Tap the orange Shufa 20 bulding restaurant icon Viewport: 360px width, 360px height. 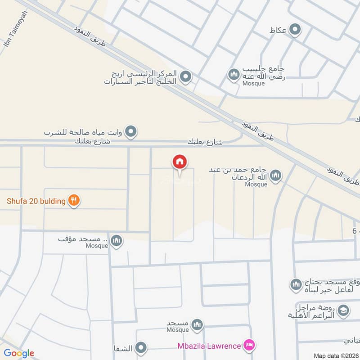point(74,201)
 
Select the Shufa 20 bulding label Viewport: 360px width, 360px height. point(36,201)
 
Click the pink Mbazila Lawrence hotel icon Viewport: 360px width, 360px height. point(247,346)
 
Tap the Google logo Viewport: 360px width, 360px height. point(19,353)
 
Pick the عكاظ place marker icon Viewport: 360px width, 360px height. point(295,30)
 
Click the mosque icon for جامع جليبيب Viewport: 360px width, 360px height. point(233,74)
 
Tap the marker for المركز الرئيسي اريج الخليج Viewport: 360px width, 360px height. point(185,76)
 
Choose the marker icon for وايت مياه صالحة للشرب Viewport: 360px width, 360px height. point(131,132)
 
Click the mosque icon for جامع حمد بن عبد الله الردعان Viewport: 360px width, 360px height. point(275,175)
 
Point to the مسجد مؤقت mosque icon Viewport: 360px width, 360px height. point(117,241)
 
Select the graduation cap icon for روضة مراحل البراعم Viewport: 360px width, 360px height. point(343,310)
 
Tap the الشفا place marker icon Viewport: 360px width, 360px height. point(141,348)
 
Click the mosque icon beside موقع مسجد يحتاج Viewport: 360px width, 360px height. point(296,284)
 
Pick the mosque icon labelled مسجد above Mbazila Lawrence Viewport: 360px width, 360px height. point(197,324)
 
